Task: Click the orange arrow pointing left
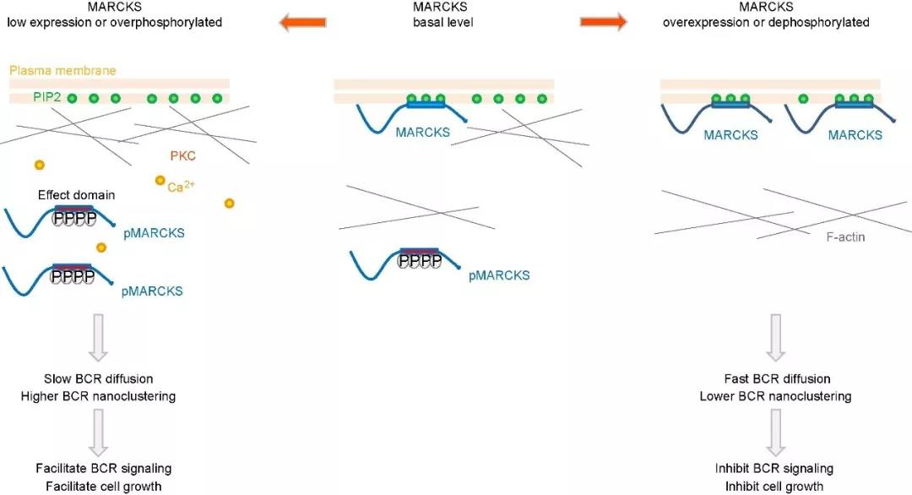pyautogui.click(x=302, y=23)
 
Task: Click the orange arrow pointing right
pyautogui.click(x=604, y=22)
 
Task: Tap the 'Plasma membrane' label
pyautogui.click(x=62, y=70)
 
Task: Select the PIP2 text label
pyautogui.click(x=47, y=96)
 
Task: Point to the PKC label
pyautogui.click(x=182, y=156)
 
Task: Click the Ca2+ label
pyautogui.click(x=181, y=186)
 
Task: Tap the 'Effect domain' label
pyautogui.click(x=76, y=195)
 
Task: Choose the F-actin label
pyautogui.click(x=845, y=237)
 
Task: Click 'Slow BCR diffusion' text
pyautogui.click(x=99, y=378)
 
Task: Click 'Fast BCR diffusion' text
pyautogui.click(x=777, y=378)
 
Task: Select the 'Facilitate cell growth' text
pyautogui.click(x=104, y=487)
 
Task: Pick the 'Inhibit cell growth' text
pyautogui.click(x=774, y=487)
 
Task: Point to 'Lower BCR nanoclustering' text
pyautogui.click(x=775, y=396)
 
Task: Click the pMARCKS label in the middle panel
pyautogui.click(x=499, y=275)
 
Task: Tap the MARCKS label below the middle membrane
pyautogui.click(x=423, y=132)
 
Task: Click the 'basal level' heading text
pyautogui.click(x=443, y=23)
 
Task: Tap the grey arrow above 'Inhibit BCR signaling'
pyautogui.click(x=775, y=432)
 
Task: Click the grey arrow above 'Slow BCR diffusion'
pyautogui.click(x=98, y=338)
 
